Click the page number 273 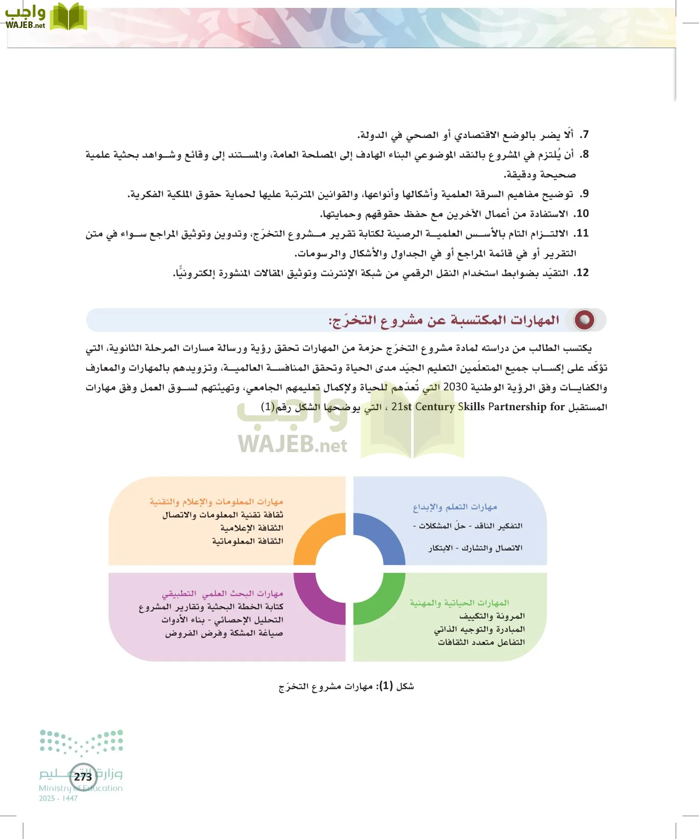(83, 777)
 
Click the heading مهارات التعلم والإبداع (455, 507)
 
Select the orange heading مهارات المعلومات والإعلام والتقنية (216, 502)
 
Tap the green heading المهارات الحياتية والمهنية (459, 603)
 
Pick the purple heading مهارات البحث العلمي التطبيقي (222, 594)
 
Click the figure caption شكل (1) (346, 686)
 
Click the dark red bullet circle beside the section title (584, 320)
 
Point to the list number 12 (582, 273)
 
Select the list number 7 (584, 135)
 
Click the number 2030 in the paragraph (455, 387)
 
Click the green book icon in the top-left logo (69, 17)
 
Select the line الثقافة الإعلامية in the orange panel (252, 528)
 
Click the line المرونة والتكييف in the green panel (492, 616)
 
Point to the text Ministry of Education (81, 788)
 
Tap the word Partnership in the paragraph (517, 407)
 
